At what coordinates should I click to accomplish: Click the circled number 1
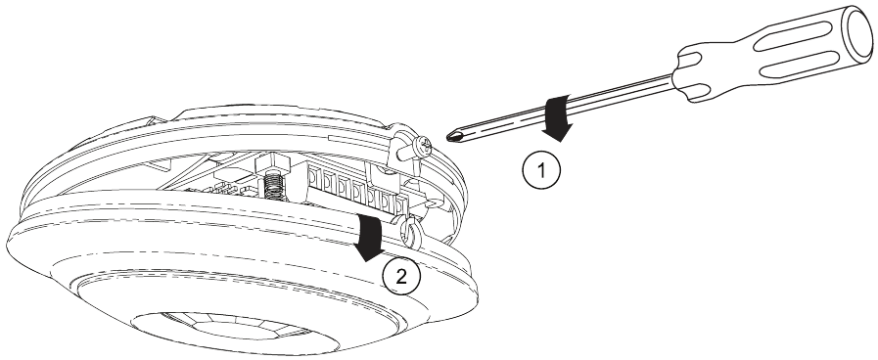pos(541,169)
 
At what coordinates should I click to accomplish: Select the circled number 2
pos(401,277)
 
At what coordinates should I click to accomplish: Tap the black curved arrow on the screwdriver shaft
pos(558,118)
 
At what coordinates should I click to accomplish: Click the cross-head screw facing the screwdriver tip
pos(422,148)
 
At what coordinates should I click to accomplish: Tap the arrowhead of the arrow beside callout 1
pos(557,134)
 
